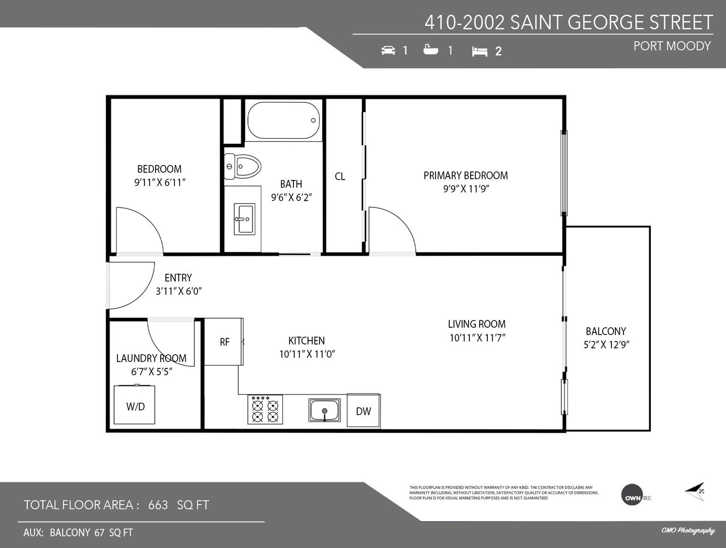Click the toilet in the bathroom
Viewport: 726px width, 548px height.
coord(242,166)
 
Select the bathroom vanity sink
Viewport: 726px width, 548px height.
coord(244,219)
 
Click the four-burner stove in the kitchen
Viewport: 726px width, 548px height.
coord(265,409)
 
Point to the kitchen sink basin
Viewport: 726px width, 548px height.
coord(324,410)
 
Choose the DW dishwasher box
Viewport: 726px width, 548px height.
coord(363,411)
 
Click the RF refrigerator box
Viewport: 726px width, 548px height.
coord(224,342)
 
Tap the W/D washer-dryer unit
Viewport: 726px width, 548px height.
coord(135,404)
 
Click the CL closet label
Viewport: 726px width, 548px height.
coord(340,176)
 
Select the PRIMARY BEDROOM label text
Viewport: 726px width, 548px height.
coord(465,175)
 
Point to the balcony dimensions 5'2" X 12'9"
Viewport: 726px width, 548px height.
coord(607,345)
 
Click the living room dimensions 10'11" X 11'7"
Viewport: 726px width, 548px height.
coord(477,337)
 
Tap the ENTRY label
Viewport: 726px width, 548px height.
coord(178,278)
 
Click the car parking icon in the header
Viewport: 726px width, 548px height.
coord(388,50)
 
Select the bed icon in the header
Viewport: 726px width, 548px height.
coord(480,51)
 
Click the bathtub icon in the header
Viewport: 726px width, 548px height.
coord(431,50)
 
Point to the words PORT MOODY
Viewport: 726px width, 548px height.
coord(672,46)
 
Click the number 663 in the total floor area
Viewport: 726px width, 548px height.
coord(158,505)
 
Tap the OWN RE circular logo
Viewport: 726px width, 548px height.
coord(632,495)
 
